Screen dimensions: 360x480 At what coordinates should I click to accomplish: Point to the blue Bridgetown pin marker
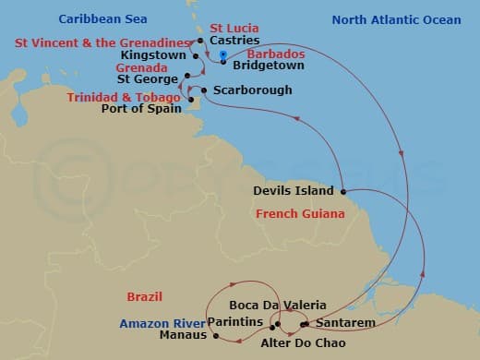pyautogui.click(x=224, y=57)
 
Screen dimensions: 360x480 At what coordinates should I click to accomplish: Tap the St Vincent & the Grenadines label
pyautogui.click(x=103, y=42)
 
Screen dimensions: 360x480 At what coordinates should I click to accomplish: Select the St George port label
pyautogui.click(x=154, y=78)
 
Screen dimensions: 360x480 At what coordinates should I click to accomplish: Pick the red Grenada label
pyautogui.click(x=141, y=67)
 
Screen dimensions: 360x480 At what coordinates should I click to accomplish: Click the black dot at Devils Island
pyautogui.click(x=342, y=192)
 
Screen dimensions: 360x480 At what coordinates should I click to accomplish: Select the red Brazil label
pyautogui.click(x=145, y=297)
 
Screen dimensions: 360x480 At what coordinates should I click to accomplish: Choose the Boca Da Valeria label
pyautogui.click(x=264, y=306)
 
